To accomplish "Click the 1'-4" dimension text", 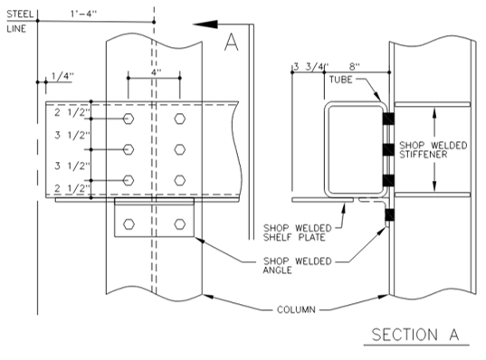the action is pyautogui.click(x=83, y=14).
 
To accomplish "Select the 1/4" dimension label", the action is pyautogui.click(x=62, y=76).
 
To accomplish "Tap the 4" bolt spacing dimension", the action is pyautogui.click(x=156, y=72).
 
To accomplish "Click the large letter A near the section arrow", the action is pyautogui.click(x=231, y=43).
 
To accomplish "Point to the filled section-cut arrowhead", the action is pyautogui.click(x=205, y=24).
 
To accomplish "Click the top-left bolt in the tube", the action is pyautogui.click(x=129, y=118).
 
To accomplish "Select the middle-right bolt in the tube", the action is pyautogui.click(x=180, y=149).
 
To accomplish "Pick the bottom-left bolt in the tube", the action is pyautogui.click(x=129, y=180).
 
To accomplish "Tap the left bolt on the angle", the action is pyautogui.click(x=129, y=224).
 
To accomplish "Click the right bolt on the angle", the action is pyautogui.click(x=180, y=224).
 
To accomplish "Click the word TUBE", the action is pyautogui.click(x=340, y=80).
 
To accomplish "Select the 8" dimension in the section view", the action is pyautogui.click(x=355, y=67).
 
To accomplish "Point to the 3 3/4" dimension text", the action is pyautogui.click(x=311, y=67).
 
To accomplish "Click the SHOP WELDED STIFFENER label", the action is pyautogui.click(x=433, y=150).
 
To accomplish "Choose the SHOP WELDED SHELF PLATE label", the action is pyautogui.click(x=298, y=232).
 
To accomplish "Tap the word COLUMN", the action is pyautogui.click(x=296, y=309).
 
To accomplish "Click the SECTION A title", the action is pyautogui.click(x=415, y=335).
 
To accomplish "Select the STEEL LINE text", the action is pyautogui.click(x=20, y=22).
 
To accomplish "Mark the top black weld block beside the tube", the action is pyautogui.click(x=388, y=118).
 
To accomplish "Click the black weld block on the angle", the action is pyautogui.click(x=389, y=214).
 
